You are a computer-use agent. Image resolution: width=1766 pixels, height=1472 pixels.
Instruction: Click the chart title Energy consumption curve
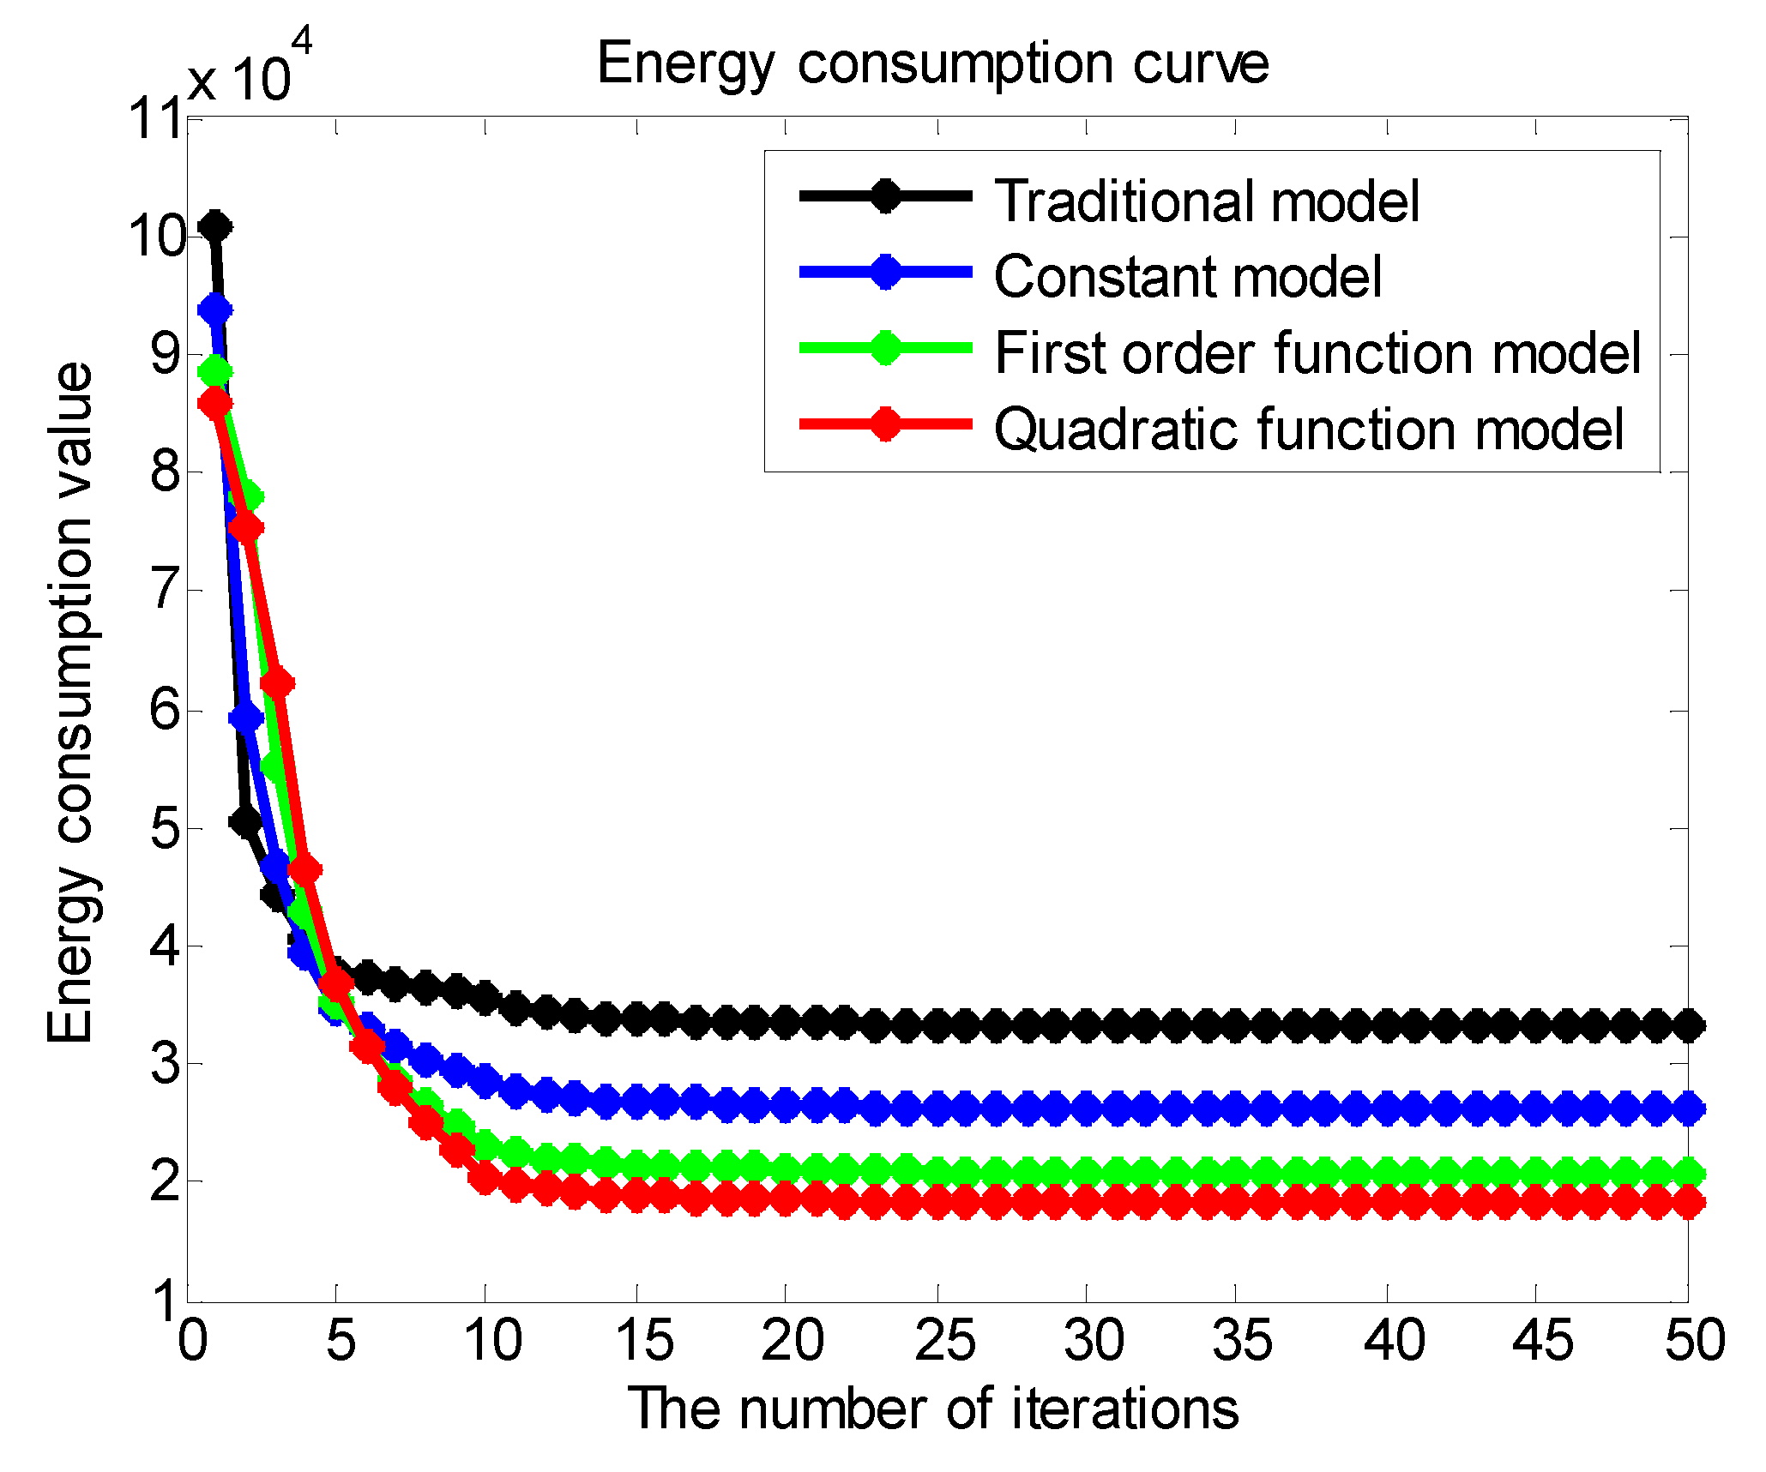click(932, 63)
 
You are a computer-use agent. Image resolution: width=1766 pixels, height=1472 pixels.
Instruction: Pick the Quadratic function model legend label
click(1309, 429)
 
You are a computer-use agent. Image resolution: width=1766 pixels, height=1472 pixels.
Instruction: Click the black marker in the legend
click(885, 195)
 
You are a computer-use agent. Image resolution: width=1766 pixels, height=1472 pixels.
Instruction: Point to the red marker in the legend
click(885, 424)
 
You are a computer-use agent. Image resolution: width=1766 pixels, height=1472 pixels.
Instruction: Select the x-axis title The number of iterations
click(933, 1409)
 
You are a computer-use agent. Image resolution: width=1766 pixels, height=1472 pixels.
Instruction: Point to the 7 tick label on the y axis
click(166, 590)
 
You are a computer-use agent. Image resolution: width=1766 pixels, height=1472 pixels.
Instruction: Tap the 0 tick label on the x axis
click(192, 1341)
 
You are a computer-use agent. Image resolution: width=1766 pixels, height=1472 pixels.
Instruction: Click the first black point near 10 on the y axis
click(214, 227)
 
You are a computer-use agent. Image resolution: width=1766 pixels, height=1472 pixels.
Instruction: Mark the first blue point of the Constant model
click(214, 309)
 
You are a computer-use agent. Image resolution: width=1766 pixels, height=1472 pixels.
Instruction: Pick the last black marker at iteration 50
click(1688, 1025)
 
